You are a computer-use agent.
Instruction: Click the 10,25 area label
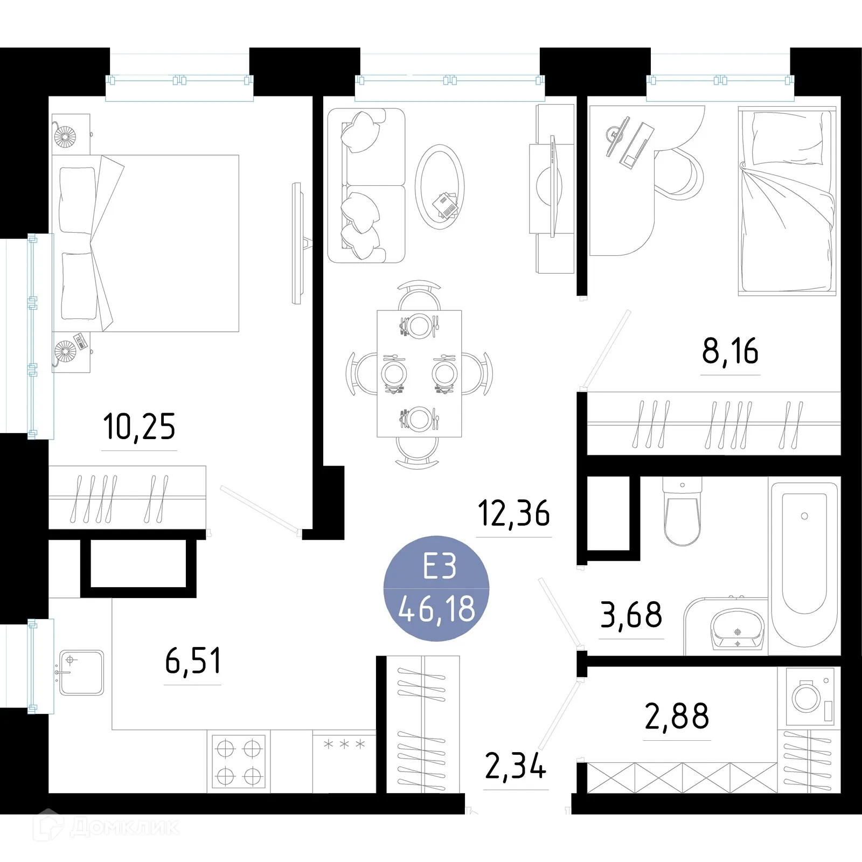pyautogui.click(x=139, y=427)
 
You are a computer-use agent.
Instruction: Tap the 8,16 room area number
pyautogui.click(x=730, y=351)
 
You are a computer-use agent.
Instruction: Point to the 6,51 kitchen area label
pyautogui.click(x=193, y=661)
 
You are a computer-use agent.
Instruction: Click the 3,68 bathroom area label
pyautogui.click(x=631, y=615)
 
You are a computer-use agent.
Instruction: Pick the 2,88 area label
pyautogui.click(x=677, y=717)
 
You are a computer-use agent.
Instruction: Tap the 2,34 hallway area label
pyautogui.click(x=516, y=767)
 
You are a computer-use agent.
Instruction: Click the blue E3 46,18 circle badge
pyautogui.click(x=436, y=588)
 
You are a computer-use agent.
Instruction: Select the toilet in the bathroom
pyautogui.click(x=682, y=512)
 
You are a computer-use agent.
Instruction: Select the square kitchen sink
pyautogui.click(x=81, y=672)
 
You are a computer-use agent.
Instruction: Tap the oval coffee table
pyautogui.click(x=440, y=187)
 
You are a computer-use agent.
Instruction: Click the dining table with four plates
pyautogui.click(x=419, y=373)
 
